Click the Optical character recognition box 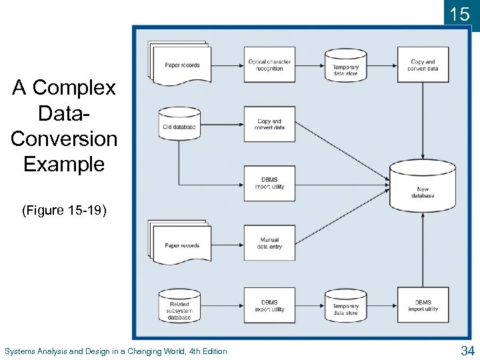pyautogui.click(x=269, y=65)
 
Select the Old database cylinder pyautogui.click(x=179, y=125)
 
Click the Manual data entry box pyautogui.click(x=269, y=243)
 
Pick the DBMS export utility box pyautogui.click(x=269, y=305)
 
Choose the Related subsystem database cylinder pyautogui.click(x=179, y=307)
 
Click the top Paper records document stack pyautogui.click(x=181, y=65)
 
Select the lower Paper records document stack pyautogui.click(x=181, y=244)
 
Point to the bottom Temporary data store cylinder pyautogui.click(x=345, y=307)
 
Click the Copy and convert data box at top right pyautogui.click(x=423, y=65)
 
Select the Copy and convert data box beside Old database pyautogui.click(x=269, y=125)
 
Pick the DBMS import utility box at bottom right pyautogui.click(x=423, y=305)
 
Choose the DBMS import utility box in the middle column pyautogui.click(x=269, y=183)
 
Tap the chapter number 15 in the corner pyautogui.click(x=461, y=14)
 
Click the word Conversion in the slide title pyautogui.click(x=64, y=139)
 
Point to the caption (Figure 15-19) pyautogui.click(x=64, y=211)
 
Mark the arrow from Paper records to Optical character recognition pyautogui.click(x=227, y=65)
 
